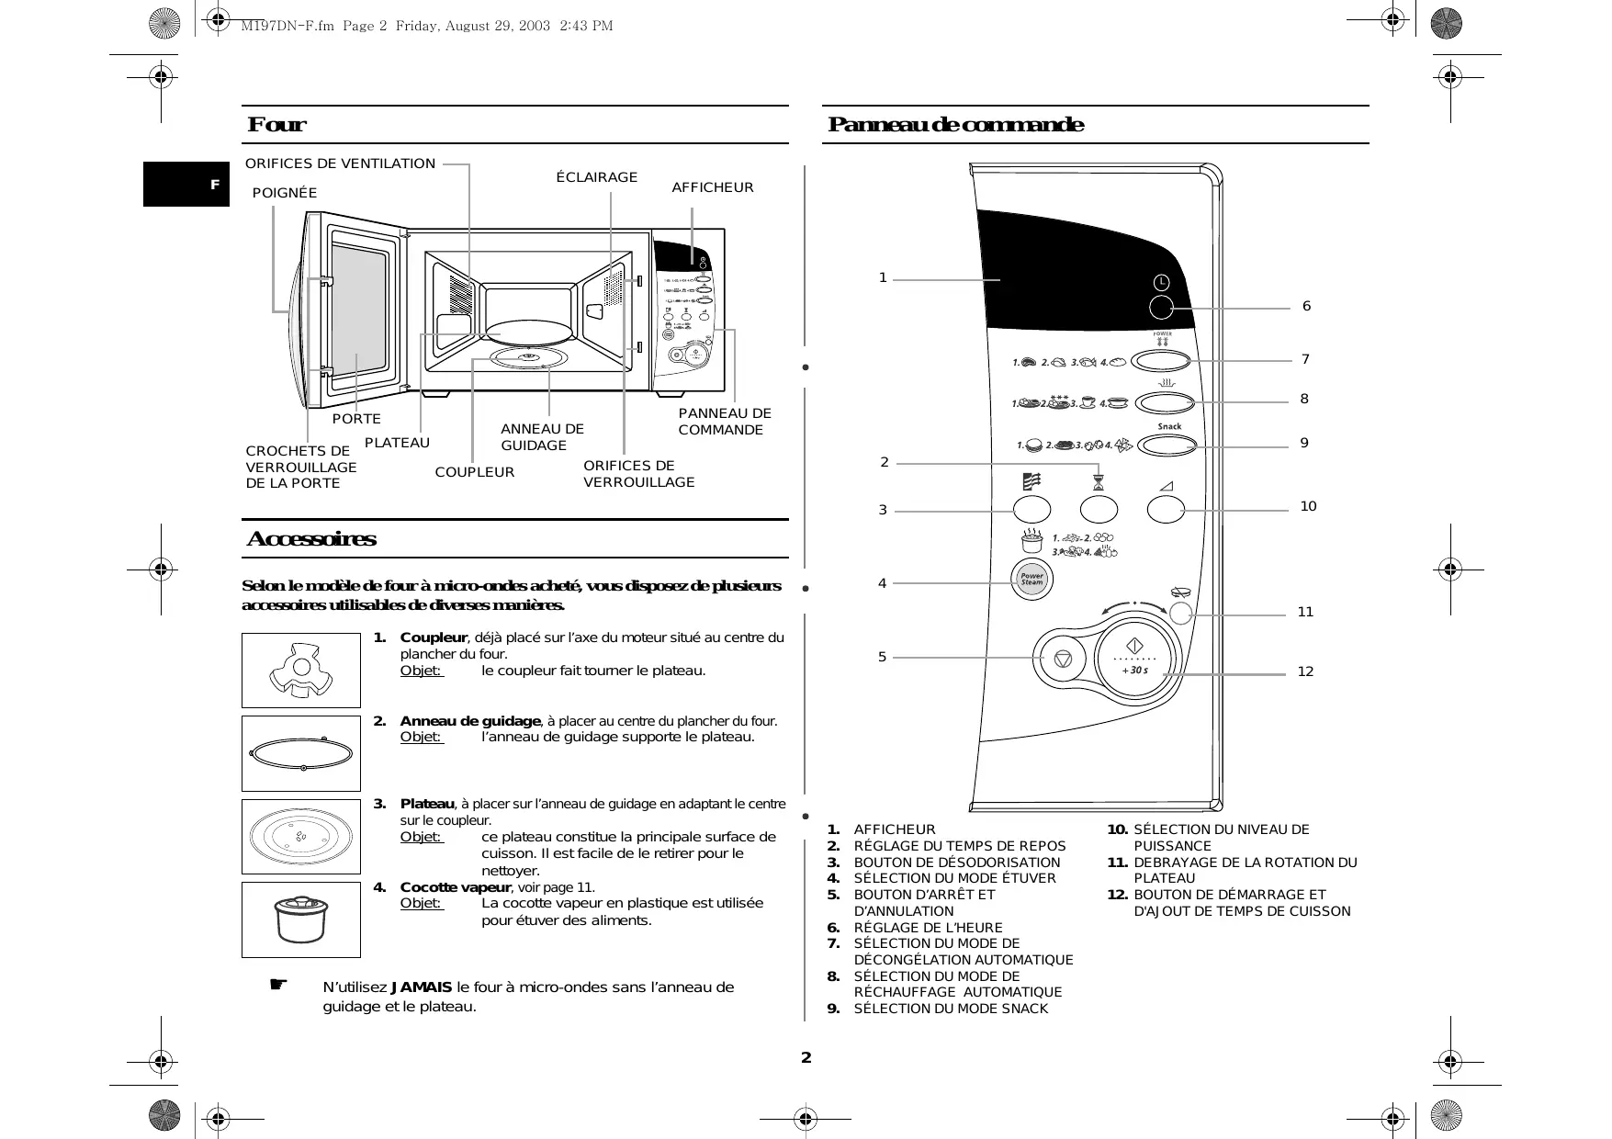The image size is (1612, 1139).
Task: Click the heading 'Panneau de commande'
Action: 955,125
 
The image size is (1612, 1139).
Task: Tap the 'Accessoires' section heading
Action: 311,539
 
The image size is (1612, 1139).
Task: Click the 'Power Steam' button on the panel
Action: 1032,580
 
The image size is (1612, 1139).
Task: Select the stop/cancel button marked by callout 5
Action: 1063,659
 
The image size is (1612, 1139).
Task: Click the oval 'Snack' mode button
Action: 1167,445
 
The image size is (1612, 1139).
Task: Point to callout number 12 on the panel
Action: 1305,671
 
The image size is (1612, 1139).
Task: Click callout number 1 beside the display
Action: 883,277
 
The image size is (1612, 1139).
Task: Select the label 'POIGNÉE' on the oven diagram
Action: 285,193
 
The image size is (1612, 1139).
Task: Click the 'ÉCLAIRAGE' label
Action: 597,177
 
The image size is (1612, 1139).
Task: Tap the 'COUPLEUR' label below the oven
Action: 475,472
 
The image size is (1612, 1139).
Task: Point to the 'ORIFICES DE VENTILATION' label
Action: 340,164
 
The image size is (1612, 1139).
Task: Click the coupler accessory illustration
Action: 301,671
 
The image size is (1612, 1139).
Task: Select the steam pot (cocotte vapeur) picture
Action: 301,919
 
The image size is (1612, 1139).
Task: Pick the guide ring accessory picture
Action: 301,753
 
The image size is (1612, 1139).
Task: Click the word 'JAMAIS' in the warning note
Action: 422,987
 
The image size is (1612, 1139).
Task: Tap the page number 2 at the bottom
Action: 806,1057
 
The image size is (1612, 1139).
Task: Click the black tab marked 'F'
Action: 186,185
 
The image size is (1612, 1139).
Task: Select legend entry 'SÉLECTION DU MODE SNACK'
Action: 951,1009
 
